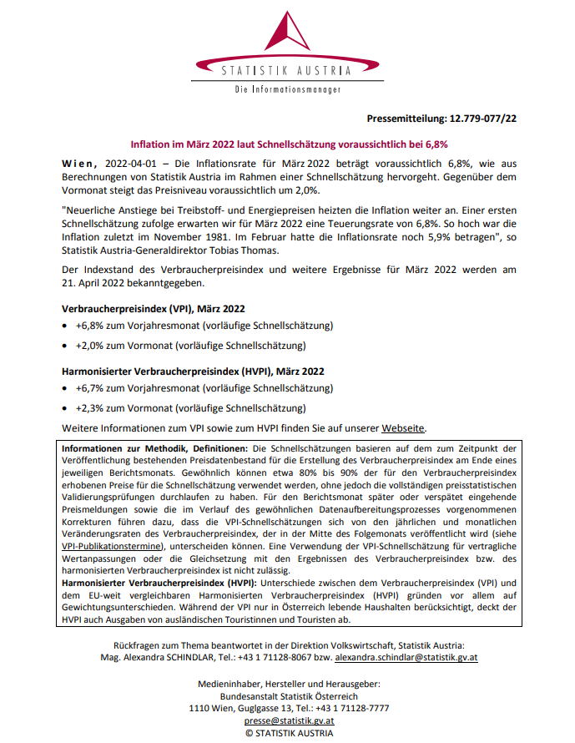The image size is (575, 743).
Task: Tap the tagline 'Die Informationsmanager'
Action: (288, 88)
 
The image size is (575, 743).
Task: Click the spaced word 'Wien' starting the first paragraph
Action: (81, 161)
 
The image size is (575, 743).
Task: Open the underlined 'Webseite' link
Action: (404, 428)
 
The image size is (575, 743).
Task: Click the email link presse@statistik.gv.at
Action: (289, 720)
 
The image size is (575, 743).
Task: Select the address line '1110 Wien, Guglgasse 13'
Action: (248, 708)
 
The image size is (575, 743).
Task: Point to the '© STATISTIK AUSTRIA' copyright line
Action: (289, 732)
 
